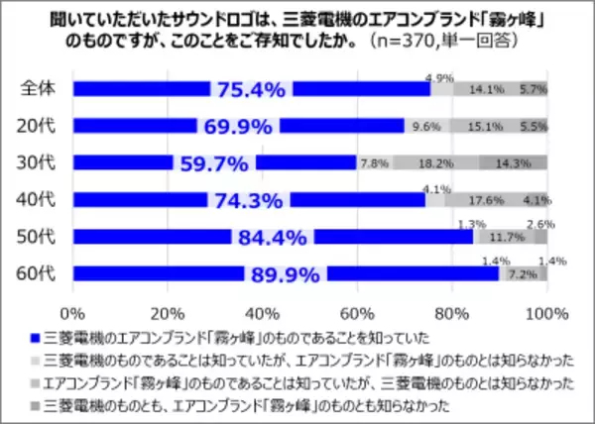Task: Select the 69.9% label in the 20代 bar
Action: click(238, 127)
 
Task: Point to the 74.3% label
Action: click(248, 200)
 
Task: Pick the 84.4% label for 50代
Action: click(272, 237)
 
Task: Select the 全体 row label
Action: click(38, 89)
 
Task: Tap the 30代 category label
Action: click(38, 162)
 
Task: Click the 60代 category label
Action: click(38, 273)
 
